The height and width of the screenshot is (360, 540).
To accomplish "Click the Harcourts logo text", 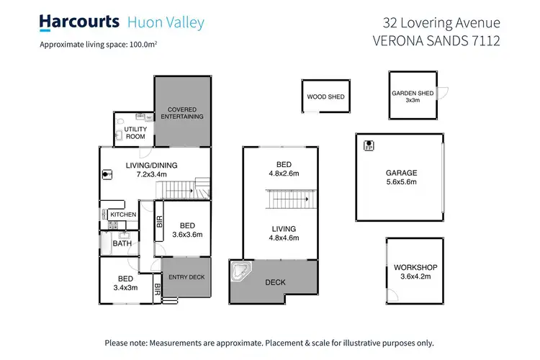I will [x=79, y=22].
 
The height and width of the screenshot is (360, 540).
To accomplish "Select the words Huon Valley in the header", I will [x=166, y=22].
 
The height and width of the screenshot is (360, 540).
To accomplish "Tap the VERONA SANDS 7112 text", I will [x=436, y=40].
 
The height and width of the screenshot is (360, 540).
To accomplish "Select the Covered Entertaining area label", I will [x=181, y=113].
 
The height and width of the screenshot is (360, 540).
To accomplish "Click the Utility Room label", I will [x=135, y=132].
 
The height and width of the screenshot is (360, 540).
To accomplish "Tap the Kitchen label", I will [x=123, y=215].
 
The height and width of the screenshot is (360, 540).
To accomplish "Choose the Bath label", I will [x=122, y=243].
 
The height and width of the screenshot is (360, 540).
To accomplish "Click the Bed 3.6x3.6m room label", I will [x=187, y=229].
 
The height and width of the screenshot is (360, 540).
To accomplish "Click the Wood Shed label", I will [x=325, y=96].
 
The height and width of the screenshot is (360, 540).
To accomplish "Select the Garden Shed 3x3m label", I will [x=413, y=96].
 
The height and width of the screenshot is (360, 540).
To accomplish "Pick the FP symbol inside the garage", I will [x=369, y=145].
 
